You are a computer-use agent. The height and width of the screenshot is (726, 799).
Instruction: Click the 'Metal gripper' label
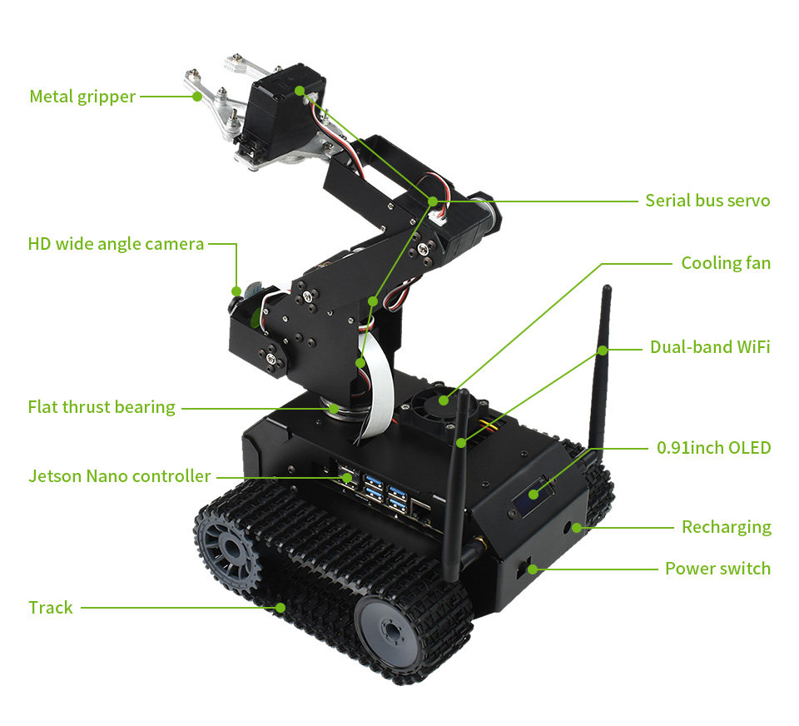82,97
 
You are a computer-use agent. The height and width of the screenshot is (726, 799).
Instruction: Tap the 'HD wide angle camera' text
116,244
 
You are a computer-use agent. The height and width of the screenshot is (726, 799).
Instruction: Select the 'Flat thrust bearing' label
102,407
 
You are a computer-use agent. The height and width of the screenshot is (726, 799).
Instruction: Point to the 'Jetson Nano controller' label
119,475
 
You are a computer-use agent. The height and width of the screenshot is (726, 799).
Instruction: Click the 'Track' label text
51,607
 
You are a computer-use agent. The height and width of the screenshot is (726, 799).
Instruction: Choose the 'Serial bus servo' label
707,201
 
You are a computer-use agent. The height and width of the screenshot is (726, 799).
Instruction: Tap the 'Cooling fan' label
726,263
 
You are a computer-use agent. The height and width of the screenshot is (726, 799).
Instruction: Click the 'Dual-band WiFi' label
710,347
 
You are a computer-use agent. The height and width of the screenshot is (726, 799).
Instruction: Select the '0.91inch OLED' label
713,448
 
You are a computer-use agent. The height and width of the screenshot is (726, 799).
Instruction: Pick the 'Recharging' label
727,527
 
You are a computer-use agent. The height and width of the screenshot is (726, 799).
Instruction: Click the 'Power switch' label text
718,569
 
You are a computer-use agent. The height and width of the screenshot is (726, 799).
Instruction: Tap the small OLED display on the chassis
532,496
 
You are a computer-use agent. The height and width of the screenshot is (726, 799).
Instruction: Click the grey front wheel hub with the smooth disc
391,632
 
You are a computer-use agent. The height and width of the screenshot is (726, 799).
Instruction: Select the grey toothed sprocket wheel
230,549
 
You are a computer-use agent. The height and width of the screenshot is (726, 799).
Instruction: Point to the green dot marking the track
280,607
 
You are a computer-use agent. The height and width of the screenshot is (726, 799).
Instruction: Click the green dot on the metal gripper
196,96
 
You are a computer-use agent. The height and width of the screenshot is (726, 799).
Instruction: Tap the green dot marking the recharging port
576,527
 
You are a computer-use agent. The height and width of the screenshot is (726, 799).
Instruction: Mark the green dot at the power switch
532,569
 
